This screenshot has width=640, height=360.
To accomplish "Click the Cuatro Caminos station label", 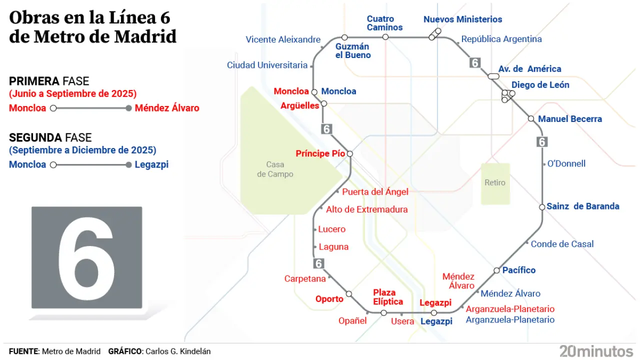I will pos(384,23).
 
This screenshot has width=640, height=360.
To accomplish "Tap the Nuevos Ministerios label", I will pos(462,19).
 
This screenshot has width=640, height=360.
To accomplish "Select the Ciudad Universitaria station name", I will pos(267,65).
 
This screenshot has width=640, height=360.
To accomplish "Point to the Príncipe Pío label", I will pos(320,153).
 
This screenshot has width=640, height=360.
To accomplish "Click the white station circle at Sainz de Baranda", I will pos(542,207).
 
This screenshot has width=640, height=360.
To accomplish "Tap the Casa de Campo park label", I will pos(275,169).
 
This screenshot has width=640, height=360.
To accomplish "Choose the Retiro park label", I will pos(495,183).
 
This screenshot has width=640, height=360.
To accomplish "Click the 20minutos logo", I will pos(596,350).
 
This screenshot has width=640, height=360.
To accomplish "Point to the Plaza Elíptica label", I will pos(388,297).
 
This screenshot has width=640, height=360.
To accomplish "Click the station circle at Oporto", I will pos(349,294).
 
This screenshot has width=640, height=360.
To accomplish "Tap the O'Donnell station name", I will pos(566,164).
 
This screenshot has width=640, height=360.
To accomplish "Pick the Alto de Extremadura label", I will pos(366,210).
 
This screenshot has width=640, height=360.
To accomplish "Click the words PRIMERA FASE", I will pos(49,81).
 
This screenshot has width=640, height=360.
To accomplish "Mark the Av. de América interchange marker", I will pos(493,76).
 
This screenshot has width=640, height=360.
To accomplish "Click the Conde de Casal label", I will pos(562,244).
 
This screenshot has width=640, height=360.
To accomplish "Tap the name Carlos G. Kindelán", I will pos(177,351).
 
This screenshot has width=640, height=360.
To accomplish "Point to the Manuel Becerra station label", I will pos(569,119).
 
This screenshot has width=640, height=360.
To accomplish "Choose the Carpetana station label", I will pos(305,278).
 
